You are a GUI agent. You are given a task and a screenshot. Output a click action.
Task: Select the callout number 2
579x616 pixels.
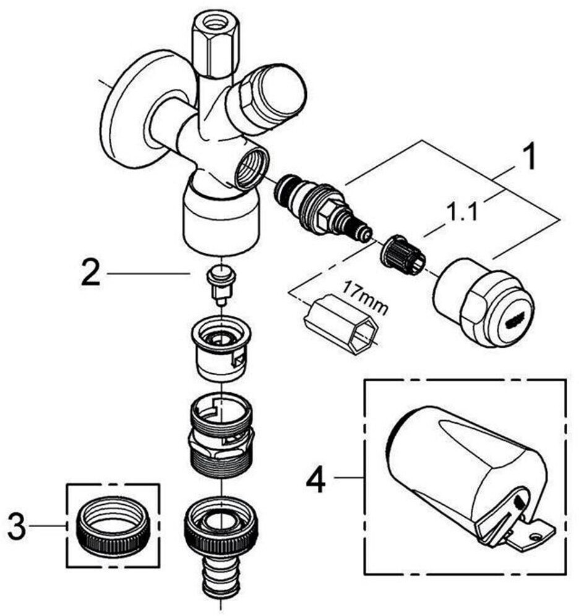tap(91, 272)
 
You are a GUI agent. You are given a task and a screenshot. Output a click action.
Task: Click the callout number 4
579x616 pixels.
tap(316, 478)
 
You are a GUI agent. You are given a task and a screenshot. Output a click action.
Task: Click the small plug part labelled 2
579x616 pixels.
tap(221, 284)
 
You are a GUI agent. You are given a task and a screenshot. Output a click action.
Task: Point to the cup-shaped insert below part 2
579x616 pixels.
tap(221, 348)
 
